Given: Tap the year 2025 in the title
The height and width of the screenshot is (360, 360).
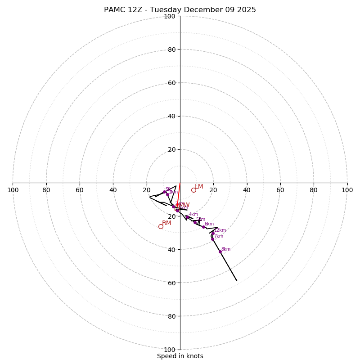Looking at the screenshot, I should [246, 10].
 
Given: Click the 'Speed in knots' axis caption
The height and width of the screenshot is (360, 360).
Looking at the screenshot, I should [180, 356].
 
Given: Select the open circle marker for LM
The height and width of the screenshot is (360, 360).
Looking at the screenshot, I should [193, 190].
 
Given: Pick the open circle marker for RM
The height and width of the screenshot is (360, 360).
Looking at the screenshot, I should [161, 226].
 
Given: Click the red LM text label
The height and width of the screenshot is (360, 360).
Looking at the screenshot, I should [199, 186].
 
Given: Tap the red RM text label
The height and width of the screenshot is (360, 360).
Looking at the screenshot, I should [166, 223].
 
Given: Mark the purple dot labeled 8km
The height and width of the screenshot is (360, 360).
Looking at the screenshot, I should [220, 252].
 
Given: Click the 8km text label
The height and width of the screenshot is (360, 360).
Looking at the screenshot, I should [226, 249].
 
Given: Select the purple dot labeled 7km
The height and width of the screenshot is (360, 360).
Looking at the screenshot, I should [212, 239].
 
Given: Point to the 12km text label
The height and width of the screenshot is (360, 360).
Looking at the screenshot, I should [220, 230].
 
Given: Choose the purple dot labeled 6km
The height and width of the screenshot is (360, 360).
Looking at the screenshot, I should [203, 227].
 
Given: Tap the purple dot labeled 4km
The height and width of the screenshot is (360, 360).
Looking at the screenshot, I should [187, 216].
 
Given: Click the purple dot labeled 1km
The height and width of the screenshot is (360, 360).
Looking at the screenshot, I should [167, 194].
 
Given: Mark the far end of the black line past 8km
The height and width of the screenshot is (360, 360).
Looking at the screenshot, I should [237, 281].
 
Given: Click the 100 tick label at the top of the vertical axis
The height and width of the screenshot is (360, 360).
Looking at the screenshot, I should [169, 16].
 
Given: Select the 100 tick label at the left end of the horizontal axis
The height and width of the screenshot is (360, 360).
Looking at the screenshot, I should [13, 190].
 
